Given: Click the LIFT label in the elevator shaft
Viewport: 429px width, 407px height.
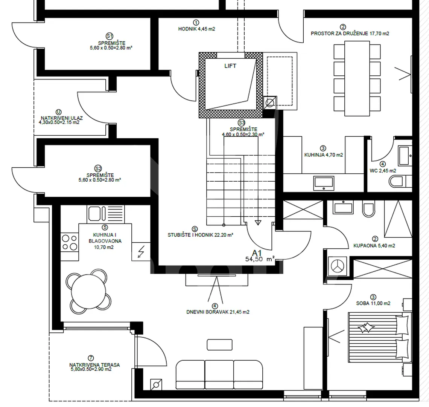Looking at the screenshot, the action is (230, 66).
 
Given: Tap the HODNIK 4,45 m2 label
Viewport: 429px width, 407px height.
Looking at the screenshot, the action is (196, 29).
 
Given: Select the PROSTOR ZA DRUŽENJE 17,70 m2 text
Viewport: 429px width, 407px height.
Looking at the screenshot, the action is (350, 34).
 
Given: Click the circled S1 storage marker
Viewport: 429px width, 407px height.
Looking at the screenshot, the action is (110, 36).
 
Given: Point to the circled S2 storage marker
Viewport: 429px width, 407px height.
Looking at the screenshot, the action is (98, 168).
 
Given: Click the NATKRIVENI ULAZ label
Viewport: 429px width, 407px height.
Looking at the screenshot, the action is (62, 118).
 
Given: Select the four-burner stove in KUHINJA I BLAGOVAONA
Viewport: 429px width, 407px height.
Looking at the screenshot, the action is (69, 243).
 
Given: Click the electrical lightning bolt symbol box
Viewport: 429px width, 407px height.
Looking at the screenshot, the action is (141, 251).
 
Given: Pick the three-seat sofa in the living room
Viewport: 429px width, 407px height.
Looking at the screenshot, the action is (219, 375).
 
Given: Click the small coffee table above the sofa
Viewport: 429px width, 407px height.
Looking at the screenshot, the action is (219, 345).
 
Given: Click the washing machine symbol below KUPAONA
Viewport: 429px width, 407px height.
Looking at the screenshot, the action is (338, 266).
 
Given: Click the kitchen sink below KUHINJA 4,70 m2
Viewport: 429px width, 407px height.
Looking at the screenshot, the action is (324, 184).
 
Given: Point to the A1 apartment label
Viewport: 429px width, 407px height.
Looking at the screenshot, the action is (257, 253).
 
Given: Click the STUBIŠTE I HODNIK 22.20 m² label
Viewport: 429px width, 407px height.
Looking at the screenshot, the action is (200, 235).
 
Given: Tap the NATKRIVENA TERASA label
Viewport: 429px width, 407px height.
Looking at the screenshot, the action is (94, 365).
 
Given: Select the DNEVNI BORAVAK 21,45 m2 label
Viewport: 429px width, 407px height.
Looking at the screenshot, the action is (218, 312).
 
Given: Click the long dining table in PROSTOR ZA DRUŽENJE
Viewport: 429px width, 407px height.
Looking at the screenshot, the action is (357, 78).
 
